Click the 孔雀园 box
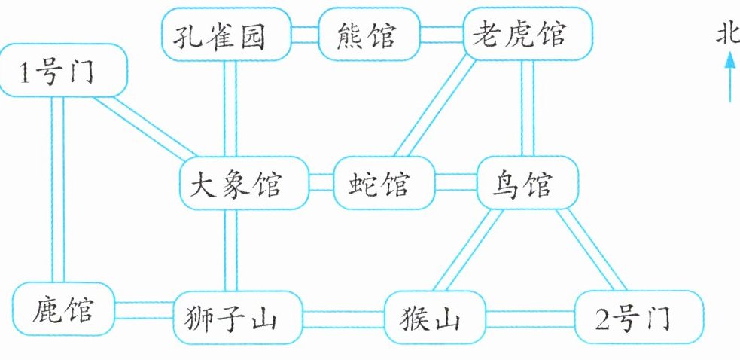(x=227, y=34)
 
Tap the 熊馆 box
(x=369, y=34)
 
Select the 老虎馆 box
(x=528, y=34)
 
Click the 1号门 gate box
(x=64, y=70)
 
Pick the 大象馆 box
(x=244, y=183)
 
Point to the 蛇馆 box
(x=384, y=183)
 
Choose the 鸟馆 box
(x=528, y=183)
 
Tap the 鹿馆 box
(x=63, y=309)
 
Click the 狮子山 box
(x=238, y=318)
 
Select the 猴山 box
(x=435, y=318)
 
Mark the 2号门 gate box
(x=639, y=318)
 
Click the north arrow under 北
(x=730, y=75)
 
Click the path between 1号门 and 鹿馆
(x=57, y=190)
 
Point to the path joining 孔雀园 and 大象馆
(x=230, y=108)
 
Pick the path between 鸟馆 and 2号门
(x=591, y=249)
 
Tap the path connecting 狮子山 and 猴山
(x=343, y=319)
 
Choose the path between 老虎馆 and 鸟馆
(x=528, y=108)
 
